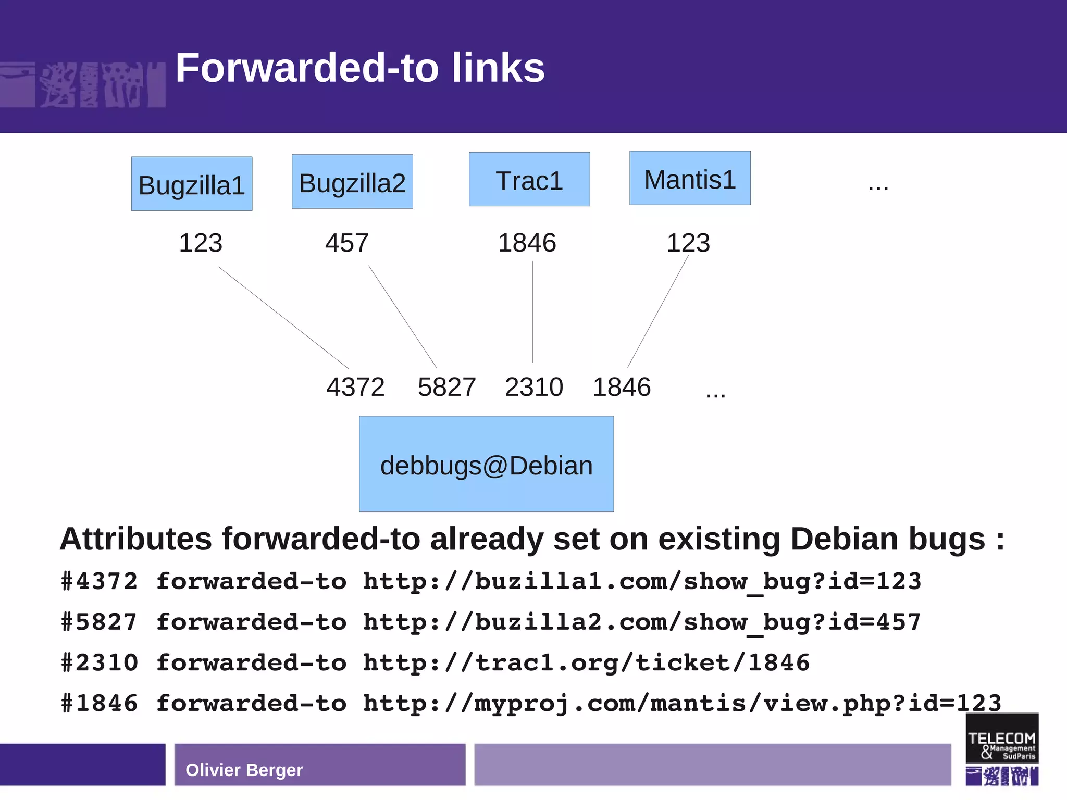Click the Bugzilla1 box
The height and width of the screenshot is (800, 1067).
[x=192, y=184]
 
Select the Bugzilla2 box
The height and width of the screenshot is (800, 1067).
[x=352, y=182]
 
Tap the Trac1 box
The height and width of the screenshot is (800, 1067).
[x=529, y=180]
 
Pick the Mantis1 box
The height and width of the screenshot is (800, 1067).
[x=690, y=179]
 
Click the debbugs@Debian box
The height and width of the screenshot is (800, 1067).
[x=486, y=464]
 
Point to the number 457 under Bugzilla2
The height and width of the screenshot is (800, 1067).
[x=347, y=243]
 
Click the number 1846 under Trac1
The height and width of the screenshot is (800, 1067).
[x=527, y=243]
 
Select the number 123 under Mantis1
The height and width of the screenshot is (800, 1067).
[x=688, y=243]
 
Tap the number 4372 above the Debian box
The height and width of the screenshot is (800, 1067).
[x=355, y=387]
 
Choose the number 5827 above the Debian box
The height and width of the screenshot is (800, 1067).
[x=447, y=387]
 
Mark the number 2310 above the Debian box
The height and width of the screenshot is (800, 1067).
[x=534, y=387]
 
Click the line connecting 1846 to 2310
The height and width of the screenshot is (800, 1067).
[x=532, y=312]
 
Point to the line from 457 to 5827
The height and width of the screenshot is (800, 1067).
[x=402, y=316]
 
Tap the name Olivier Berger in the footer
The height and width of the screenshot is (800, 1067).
[x=244, y=770]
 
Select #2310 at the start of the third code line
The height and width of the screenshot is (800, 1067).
[x=100, y=663]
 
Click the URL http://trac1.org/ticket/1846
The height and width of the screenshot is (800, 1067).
[x=587, y=663]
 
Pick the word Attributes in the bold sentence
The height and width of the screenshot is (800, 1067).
[x=136, y=539]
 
